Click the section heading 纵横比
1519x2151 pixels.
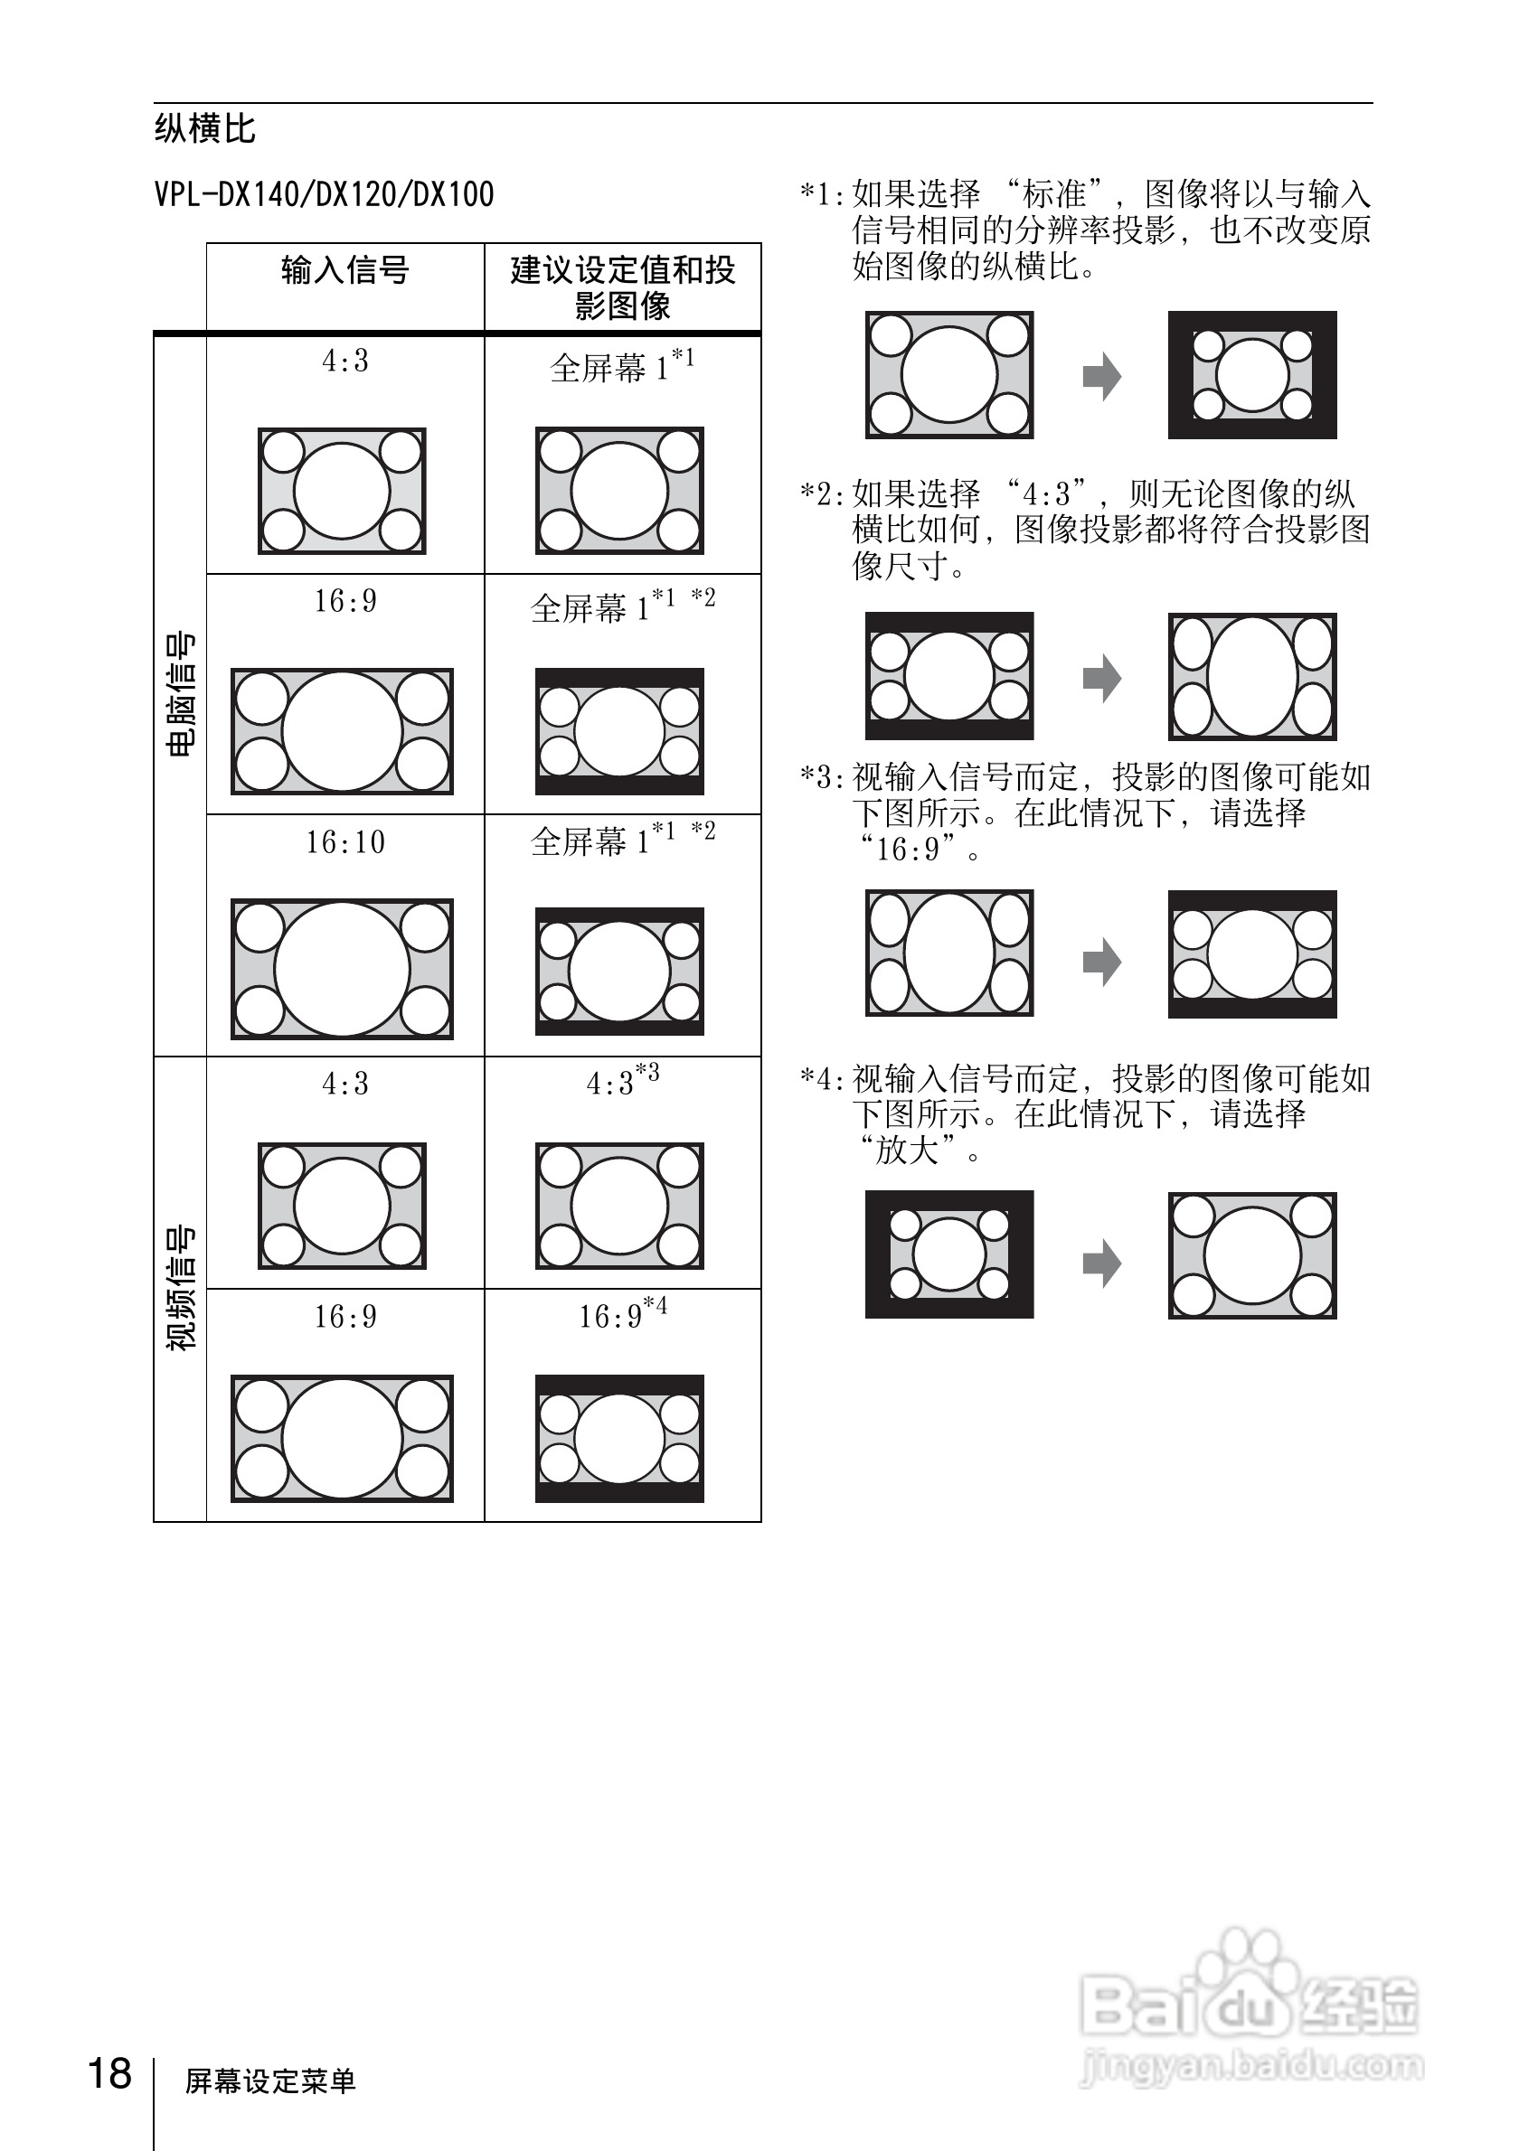[204, 129]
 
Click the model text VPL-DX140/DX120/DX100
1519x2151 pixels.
[324, 195]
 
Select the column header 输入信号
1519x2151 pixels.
[344, 271]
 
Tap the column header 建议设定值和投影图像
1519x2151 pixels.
[622, 287]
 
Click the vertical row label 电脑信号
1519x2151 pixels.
[180, 693]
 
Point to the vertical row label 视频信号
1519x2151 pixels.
[180, 1287]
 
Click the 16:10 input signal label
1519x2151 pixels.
[344, 843]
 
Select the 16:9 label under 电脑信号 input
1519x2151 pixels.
[344, 601]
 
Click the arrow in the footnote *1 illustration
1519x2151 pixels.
[1101, 377]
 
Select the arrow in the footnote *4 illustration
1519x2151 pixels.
[1101, 1263]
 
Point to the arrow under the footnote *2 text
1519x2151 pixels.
[1101, 678]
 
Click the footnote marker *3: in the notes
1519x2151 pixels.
[822, 777]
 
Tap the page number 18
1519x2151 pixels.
[109, 2073]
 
